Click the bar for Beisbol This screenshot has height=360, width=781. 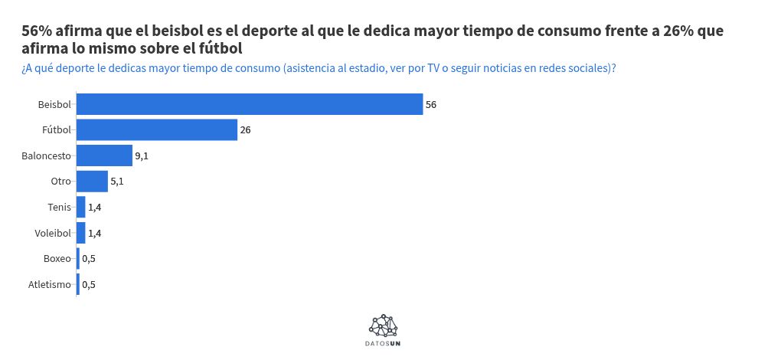[x=250, y=104]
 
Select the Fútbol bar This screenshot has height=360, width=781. [x=157, y=130]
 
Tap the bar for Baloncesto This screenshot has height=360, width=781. [x=104, y=155]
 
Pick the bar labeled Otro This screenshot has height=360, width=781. [x=92, y=182]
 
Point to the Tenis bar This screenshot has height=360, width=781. [x=80, y=207]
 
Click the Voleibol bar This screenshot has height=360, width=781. [x=80, y=233]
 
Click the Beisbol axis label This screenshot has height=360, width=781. [x=54, y=104]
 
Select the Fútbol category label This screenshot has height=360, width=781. [x=57, y=130]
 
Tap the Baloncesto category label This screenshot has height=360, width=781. [x=46, y=155]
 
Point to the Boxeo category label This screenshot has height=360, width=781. [x=57, y=259]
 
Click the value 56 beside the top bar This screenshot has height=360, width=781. [x=431, y=104]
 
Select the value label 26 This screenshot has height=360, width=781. [x=246, y=130]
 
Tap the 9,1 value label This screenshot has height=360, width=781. [x=142, y=155]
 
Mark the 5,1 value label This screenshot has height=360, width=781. [x=117, y=182]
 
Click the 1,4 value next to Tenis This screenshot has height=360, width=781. [x=95, y=207]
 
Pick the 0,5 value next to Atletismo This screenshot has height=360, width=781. [x=89, y=285]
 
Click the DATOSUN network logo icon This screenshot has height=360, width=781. [x=383, y=326]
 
